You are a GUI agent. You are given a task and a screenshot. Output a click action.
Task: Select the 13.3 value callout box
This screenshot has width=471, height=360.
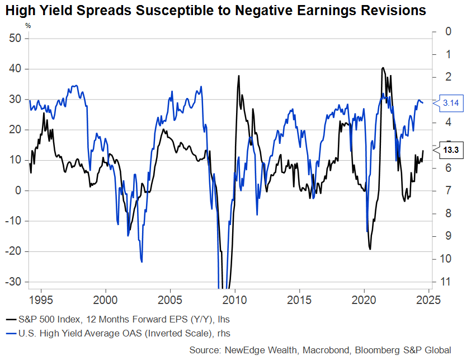tap(451, 150)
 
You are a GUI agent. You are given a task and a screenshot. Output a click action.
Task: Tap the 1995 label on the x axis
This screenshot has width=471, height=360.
tap(42, 298)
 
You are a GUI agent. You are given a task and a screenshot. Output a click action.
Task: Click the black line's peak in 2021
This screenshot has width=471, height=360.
tap(383, 68)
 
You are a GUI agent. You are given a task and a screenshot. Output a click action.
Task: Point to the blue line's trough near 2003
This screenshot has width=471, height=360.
tap(142, 261)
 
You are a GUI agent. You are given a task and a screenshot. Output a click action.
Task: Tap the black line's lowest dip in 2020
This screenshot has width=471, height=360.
tap(370, 249)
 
